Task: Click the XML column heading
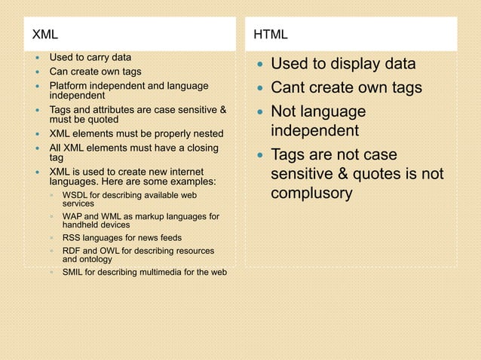click(x=44, y=35)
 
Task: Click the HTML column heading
click(x=270, y=35)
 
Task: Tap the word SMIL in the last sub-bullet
click(x=74, y=272)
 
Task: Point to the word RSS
click(x=72, y=236)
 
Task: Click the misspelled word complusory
click(x=311, y=194)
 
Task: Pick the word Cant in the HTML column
click(x=290, y=88)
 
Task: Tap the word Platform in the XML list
click(x=69, y=87)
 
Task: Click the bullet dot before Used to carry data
click(x=36, y=58)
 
